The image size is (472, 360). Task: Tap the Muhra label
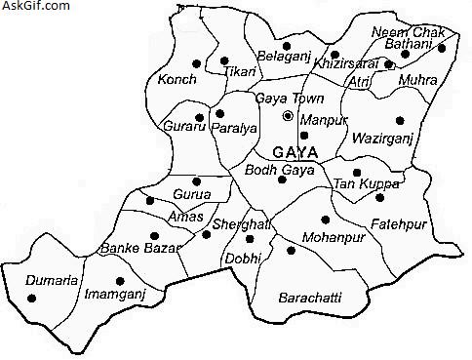[x=419, y=81]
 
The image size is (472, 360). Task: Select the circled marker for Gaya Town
[x=288, y=116]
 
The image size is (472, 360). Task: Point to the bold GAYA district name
[x=297, y=153]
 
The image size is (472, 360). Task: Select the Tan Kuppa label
[x=359, y=184]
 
